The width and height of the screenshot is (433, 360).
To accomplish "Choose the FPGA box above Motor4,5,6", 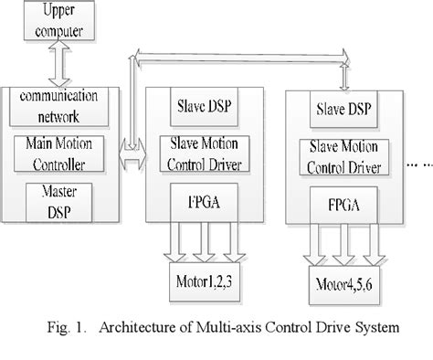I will (x=343, y=206).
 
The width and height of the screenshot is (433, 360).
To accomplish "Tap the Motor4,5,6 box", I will (x=343, y=282).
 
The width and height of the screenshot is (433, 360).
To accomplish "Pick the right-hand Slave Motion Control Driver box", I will (x=343, y=158).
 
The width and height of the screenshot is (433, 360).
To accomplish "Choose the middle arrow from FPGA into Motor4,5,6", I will (x=343, y=249).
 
